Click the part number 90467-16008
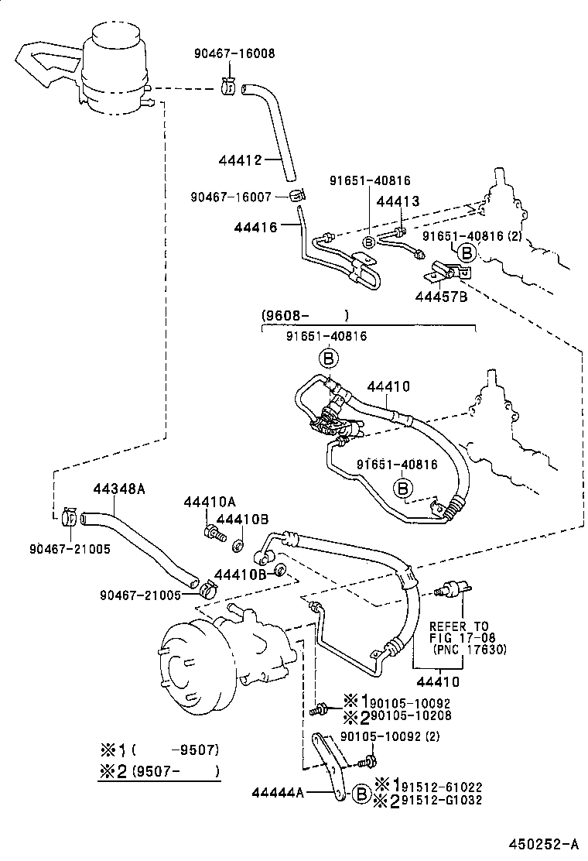tap(234, 53)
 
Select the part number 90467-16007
tap(231, 197)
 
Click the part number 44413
tap(397, 201)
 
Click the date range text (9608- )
tap(304, 315)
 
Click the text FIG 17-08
tap(467, 638)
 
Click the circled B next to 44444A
tap(361, 793)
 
